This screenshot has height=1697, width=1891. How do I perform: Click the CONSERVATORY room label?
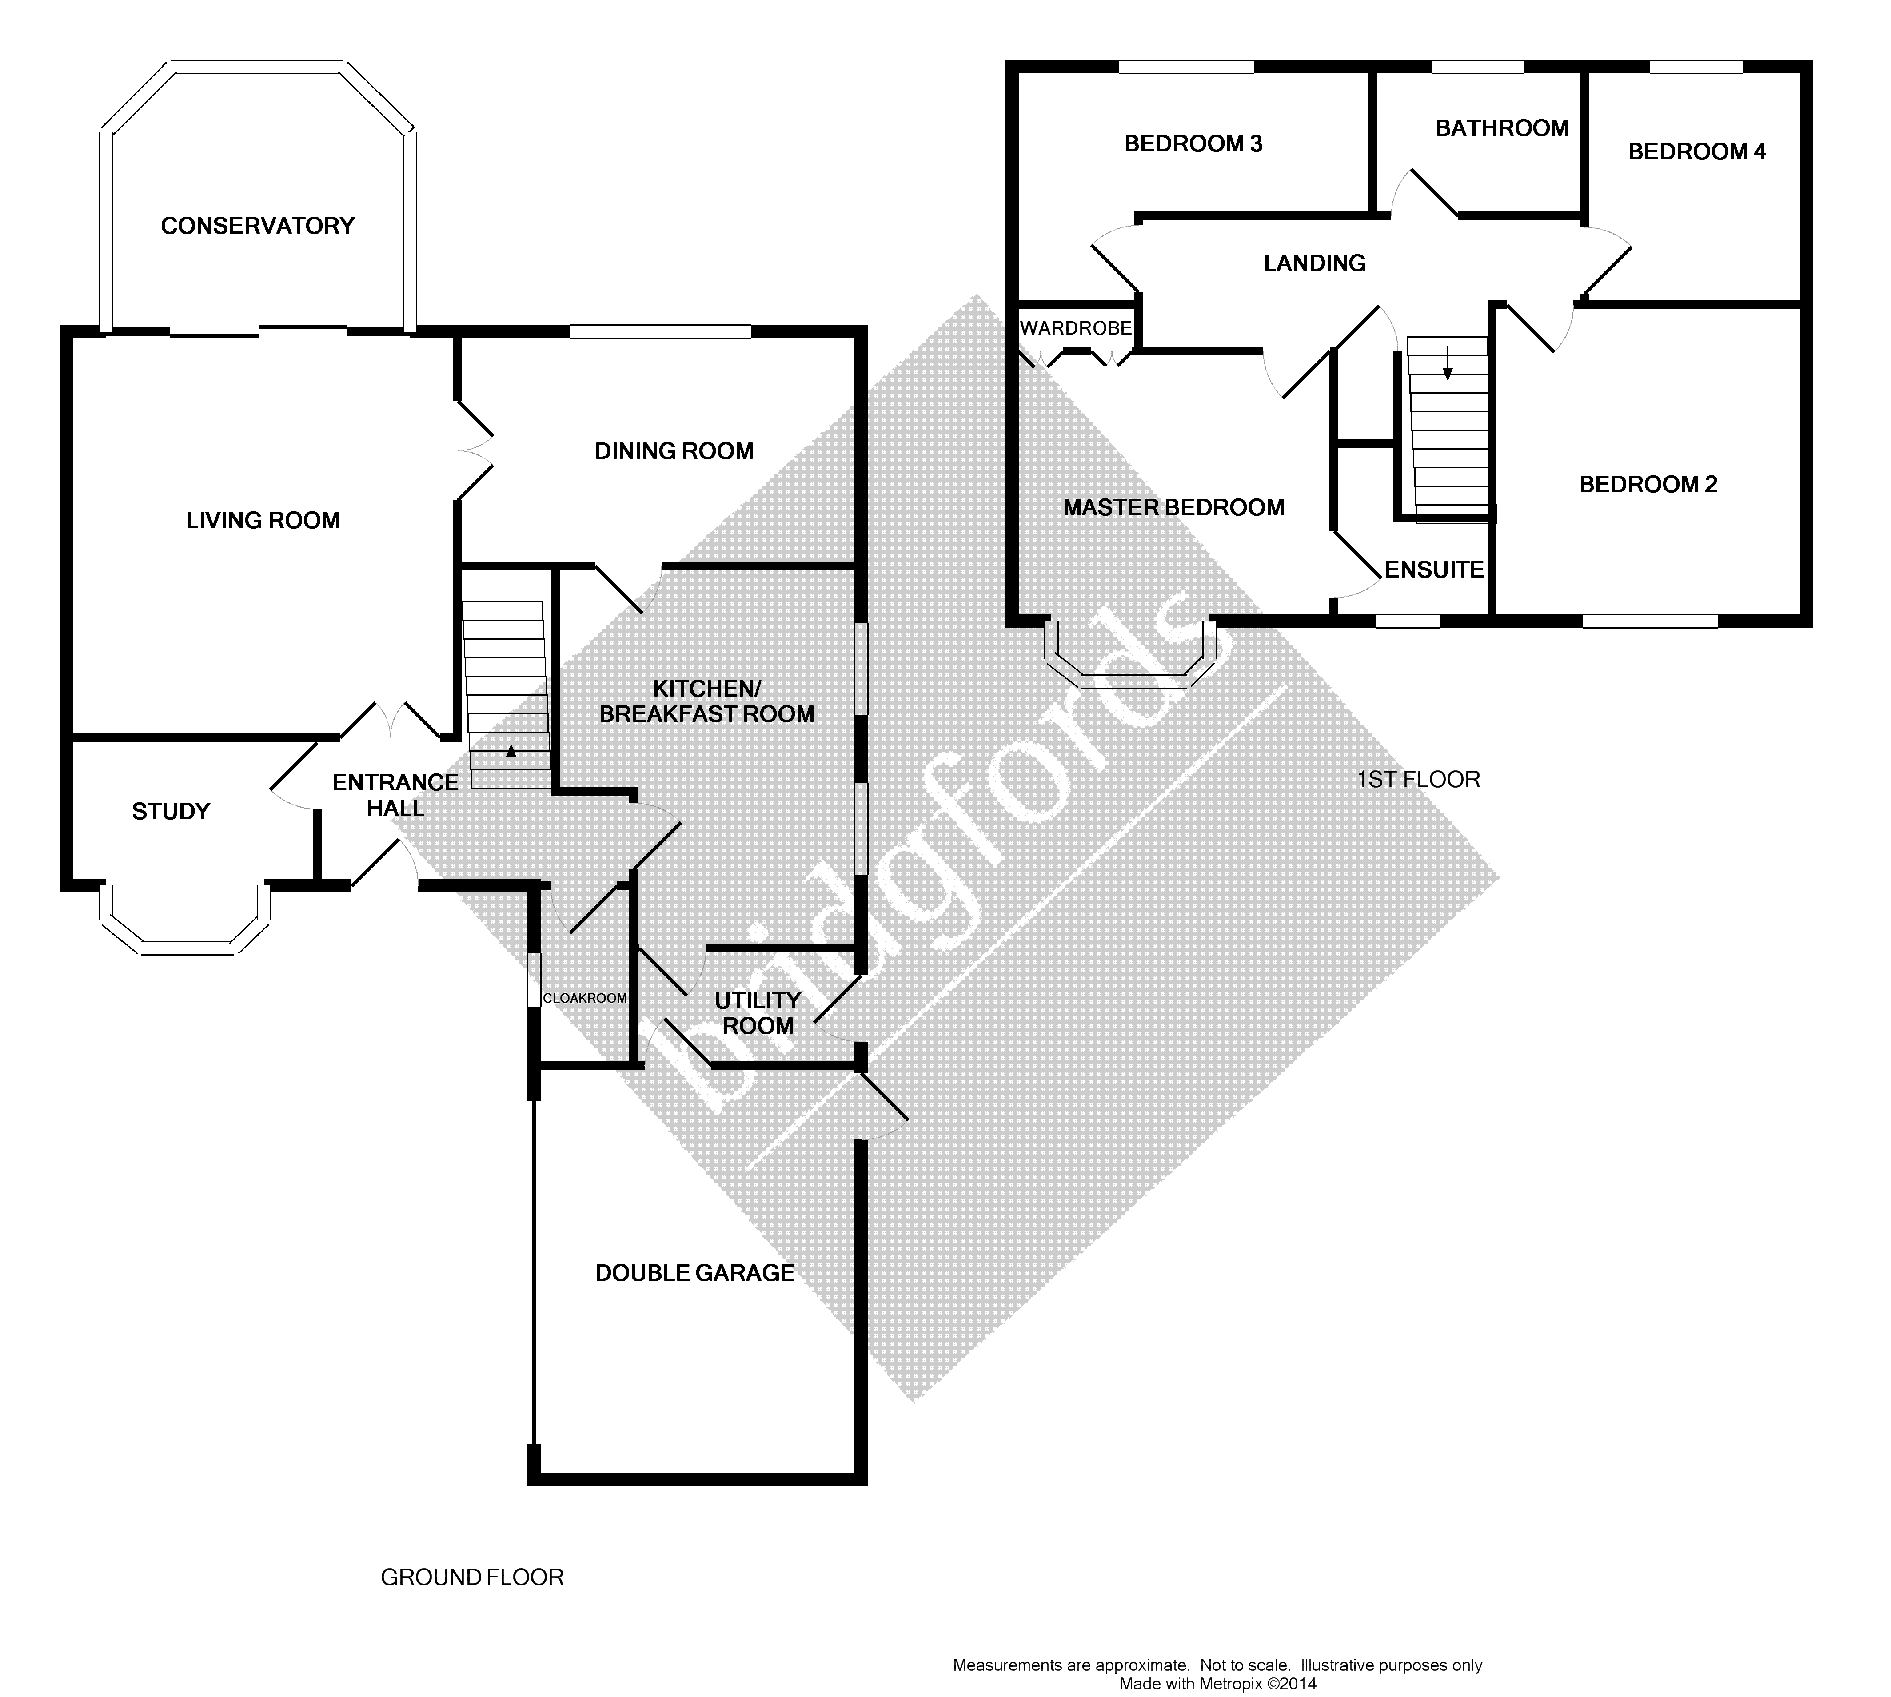[x=257, y=226]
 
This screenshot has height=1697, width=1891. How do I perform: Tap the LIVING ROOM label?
[x=263, y=520]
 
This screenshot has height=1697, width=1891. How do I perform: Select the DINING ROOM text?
[x=674, y=451]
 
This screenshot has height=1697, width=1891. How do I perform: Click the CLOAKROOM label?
[x=585, y=998]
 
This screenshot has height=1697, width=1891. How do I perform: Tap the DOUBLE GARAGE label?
[x=694, y=1273]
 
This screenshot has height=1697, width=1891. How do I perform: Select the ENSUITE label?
[x=1434, y=570]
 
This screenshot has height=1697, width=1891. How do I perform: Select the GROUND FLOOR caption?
[x=472, y=1577]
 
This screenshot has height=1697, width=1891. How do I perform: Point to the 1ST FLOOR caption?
[x=1418, y=780]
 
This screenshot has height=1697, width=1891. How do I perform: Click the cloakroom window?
[x=535, y=979]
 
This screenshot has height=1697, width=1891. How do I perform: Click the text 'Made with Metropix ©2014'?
[x=1218, y=1684]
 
